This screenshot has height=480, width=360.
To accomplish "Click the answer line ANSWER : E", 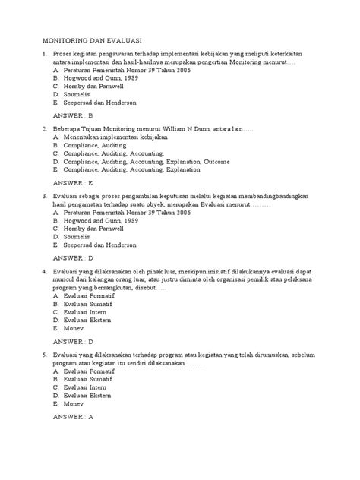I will [70, 183].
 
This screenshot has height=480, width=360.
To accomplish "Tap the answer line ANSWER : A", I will [70, 417].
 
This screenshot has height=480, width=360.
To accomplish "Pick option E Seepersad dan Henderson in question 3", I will [100, 245].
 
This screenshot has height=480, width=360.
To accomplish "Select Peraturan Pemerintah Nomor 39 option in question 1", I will [125, 71].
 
